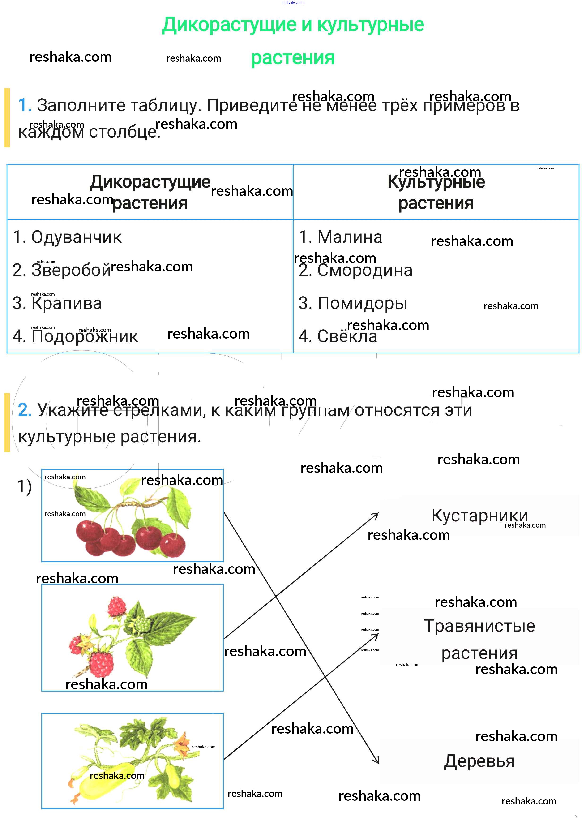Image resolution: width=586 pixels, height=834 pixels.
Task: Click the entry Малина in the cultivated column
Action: click(349, 237)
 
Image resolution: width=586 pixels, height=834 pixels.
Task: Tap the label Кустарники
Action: click(479, 516)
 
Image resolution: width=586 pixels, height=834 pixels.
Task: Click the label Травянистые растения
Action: click(479, 639)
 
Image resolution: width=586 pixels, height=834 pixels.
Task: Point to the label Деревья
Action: click(479, 761)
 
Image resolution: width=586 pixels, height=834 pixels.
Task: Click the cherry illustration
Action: click(132, 516)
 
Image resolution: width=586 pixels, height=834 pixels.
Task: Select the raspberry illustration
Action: click(132, 637)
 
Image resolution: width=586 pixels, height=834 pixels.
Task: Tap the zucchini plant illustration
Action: click(132, 761)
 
